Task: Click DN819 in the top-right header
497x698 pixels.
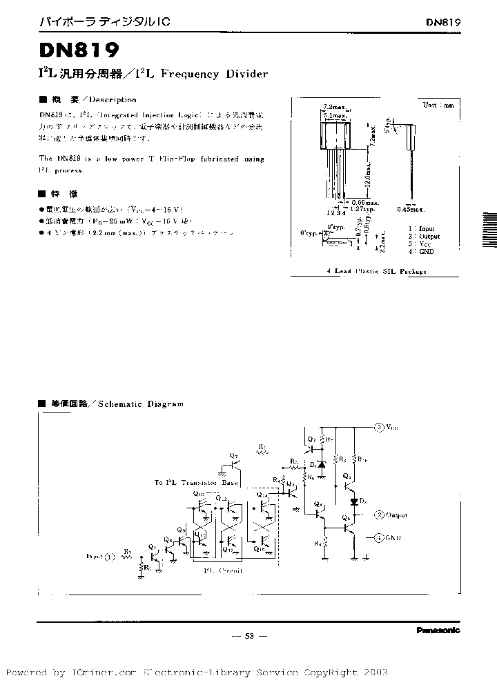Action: click(x=442, y=21)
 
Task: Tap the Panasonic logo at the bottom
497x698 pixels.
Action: click(x=438, y=629)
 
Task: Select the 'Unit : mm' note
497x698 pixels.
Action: click(x=438, y=105)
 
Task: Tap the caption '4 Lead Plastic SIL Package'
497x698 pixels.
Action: click(x=376, y=272)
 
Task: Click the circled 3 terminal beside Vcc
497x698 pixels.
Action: click(x=379, y=427)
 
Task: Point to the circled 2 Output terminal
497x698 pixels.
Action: click(x=378, y=515)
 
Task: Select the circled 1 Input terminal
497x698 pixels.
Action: click(x=112, y=555)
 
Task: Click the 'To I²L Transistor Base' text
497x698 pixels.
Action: click(x=197, y=483)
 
